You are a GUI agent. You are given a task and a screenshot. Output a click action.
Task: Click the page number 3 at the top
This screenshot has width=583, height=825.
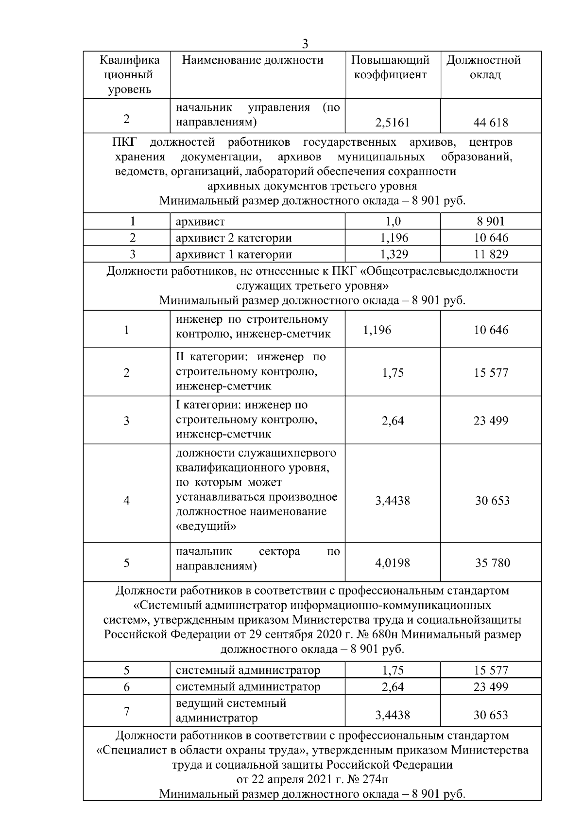coord(305,44)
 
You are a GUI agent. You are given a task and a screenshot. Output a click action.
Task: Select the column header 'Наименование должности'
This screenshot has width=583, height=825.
coord(252,60)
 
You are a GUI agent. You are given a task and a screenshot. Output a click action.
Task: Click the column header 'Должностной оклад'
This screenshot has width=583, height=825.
coord(483,68)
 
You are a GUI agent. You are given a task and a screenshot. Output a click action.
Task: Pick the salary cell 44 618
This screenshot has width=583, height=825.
coord(490,123)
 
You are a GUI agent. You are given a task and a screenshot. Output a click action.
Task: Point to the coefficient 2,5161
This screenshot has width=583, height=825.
coord(392,123)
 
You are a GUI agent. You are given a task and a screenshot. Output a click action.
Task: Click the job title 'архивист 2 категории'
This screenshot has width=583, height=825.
coord(234,238)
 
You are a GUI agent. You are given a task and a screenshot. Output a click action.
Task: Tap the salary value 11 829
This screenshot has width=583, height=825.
coord(491,254)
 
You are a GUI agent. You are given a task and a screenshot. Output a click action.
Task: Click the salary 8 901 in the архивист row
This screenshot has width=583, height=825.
coord(491,222)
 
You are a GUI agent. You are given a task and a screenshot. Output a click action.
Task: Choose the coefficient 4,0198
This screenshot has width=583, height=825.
coord(393,563)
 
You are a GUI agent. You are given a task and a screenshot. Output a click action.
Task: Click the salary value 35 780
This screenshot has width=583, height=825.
coord(492,563)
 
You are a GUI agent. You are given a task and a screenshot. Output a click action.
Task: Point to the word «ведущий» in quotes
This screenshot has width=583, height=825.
coord(206,526)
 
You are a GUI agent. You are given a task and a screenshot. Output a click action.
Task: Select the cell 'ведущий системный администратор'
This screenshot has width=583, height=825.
coord(231,710)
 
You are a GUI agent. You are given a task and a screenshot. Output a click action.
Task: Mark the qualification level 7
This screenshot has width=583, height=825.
coord(126,711)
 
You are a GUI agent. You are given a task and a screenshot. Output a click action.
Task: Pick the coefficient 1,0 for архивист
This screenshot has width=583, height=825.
coord(393,222)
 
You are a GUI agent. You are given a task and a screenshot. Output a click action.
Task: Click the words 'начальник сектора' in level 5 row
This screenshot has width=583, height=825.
coord(238,552)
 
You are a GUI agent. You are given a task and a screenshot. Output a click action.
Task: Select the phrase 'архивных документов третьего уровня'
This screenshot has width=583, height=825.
coord(312,186)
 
